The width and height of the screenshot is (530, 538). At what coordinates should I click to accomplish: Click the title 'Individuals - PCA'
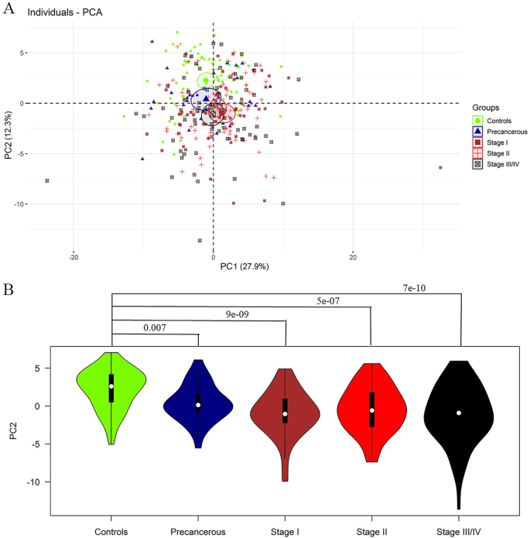[x=62, y=13]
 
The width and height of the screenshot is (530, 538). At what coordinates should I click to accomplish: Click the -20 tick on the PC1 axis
[x=74, y=256]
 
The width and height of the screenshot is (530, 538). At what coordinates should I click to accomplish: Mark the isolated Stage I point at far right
[x=440, y=167]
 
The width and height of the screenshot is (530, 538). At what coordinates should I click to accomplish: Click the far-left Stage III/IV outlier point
[x=47, y=181]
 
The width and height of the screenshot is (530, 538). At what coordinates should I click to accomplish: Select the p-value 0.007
[x=155, y=328]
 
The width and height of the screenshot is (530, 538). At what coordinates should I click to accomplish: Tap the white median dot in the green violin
[x=111, y=386]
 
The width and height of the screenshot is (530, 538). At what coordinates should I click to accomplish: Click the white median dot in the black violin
[x=459, y=413]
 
